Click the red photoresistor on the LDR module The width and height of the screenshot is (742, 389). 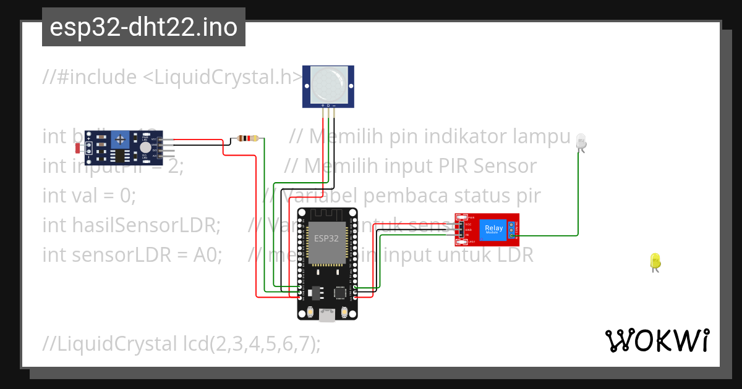(78, 148)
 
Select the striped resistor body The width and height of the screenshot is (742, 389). (248, 138)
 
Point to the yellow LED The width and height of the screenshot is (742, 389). (655, 261)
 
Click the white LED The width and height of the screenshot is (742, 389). (581, 141)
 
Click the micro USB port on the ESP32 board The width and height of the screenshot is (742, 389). (326, 316)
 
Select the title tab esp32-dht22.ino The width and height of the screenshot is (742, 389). (143, 27)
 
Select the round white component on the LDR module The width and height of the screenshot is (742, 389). (145, 147)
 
